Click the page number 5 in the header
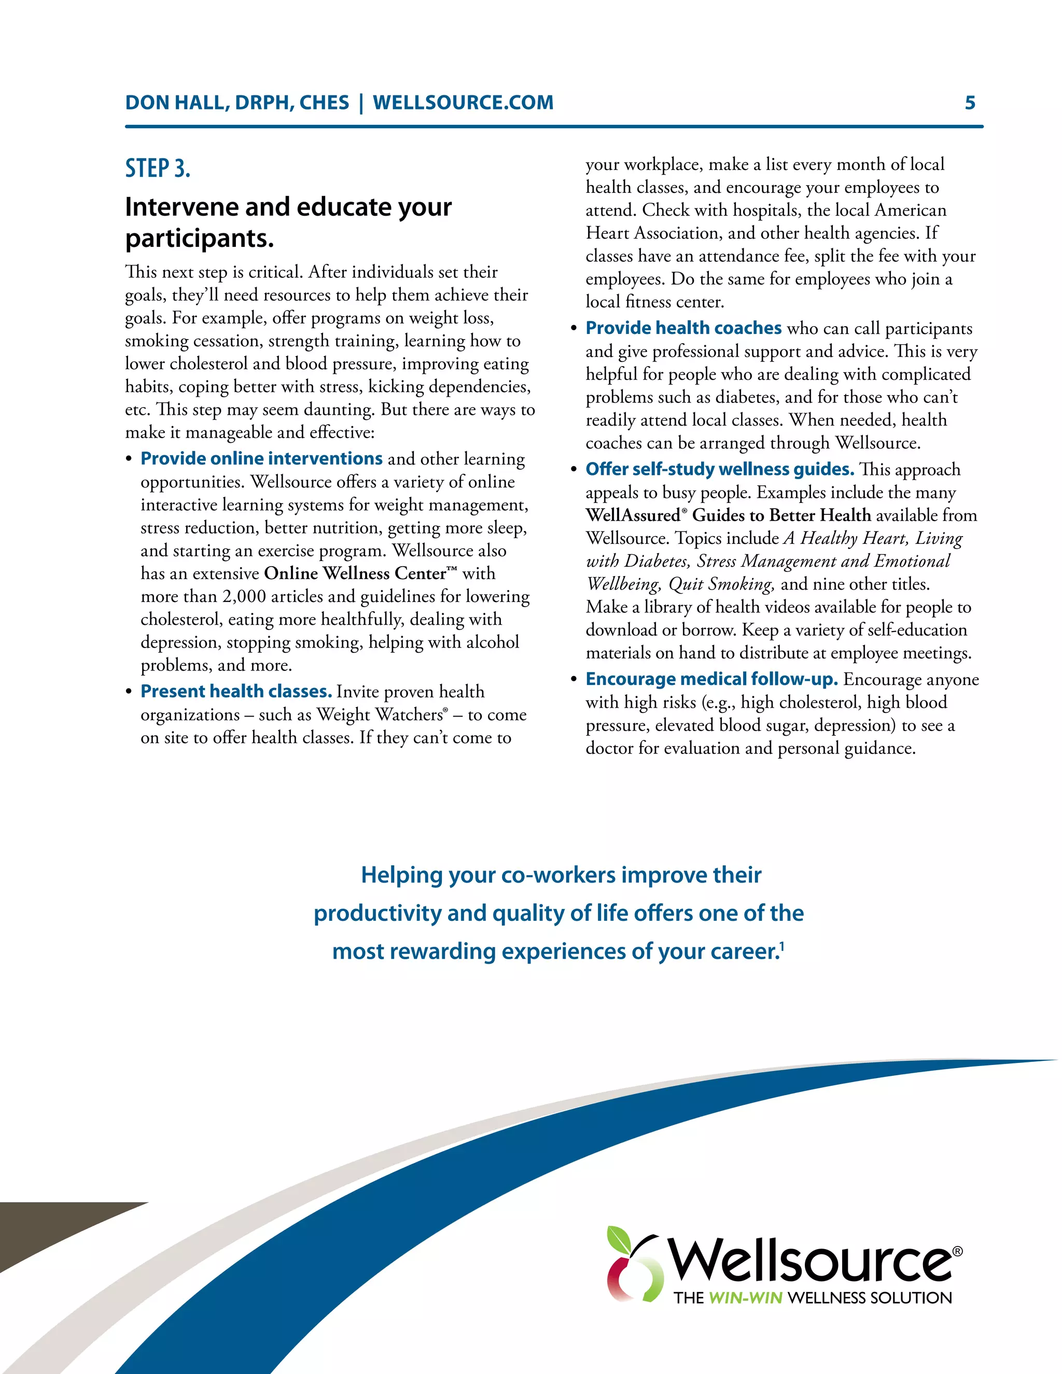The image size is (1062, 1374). pos(970,103)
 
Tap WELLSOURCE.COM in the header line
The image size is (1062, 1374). pos(463,103)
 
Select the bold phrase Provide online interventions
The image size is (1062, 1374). pos(261,459)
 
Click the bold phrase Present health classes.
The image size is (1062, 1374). pos(236,691)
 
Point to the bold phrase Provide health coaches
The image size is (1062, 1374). pos(683,328)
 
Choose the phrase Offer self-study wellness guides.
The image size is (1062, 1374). pos(720,469)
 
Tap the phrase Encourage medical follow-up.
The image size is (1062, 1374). pos(711,679)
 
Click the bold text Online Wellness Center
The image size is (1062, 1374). pos(355,574)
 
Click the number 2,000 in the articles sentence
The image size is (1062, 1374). pos(244,596)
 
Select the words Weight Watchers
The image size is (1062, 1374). pos(380,714)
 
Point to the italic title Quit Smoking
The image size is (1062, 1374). pos(720,584)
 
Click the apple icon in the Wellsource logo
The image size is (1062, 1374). pos(632,1265)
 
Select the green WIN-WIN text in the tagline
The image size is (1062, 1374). pos(746,1298)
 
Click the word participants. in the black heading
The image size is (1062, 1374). pos(200,239)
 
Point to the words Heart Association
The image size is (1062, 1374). pos(652,233)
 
